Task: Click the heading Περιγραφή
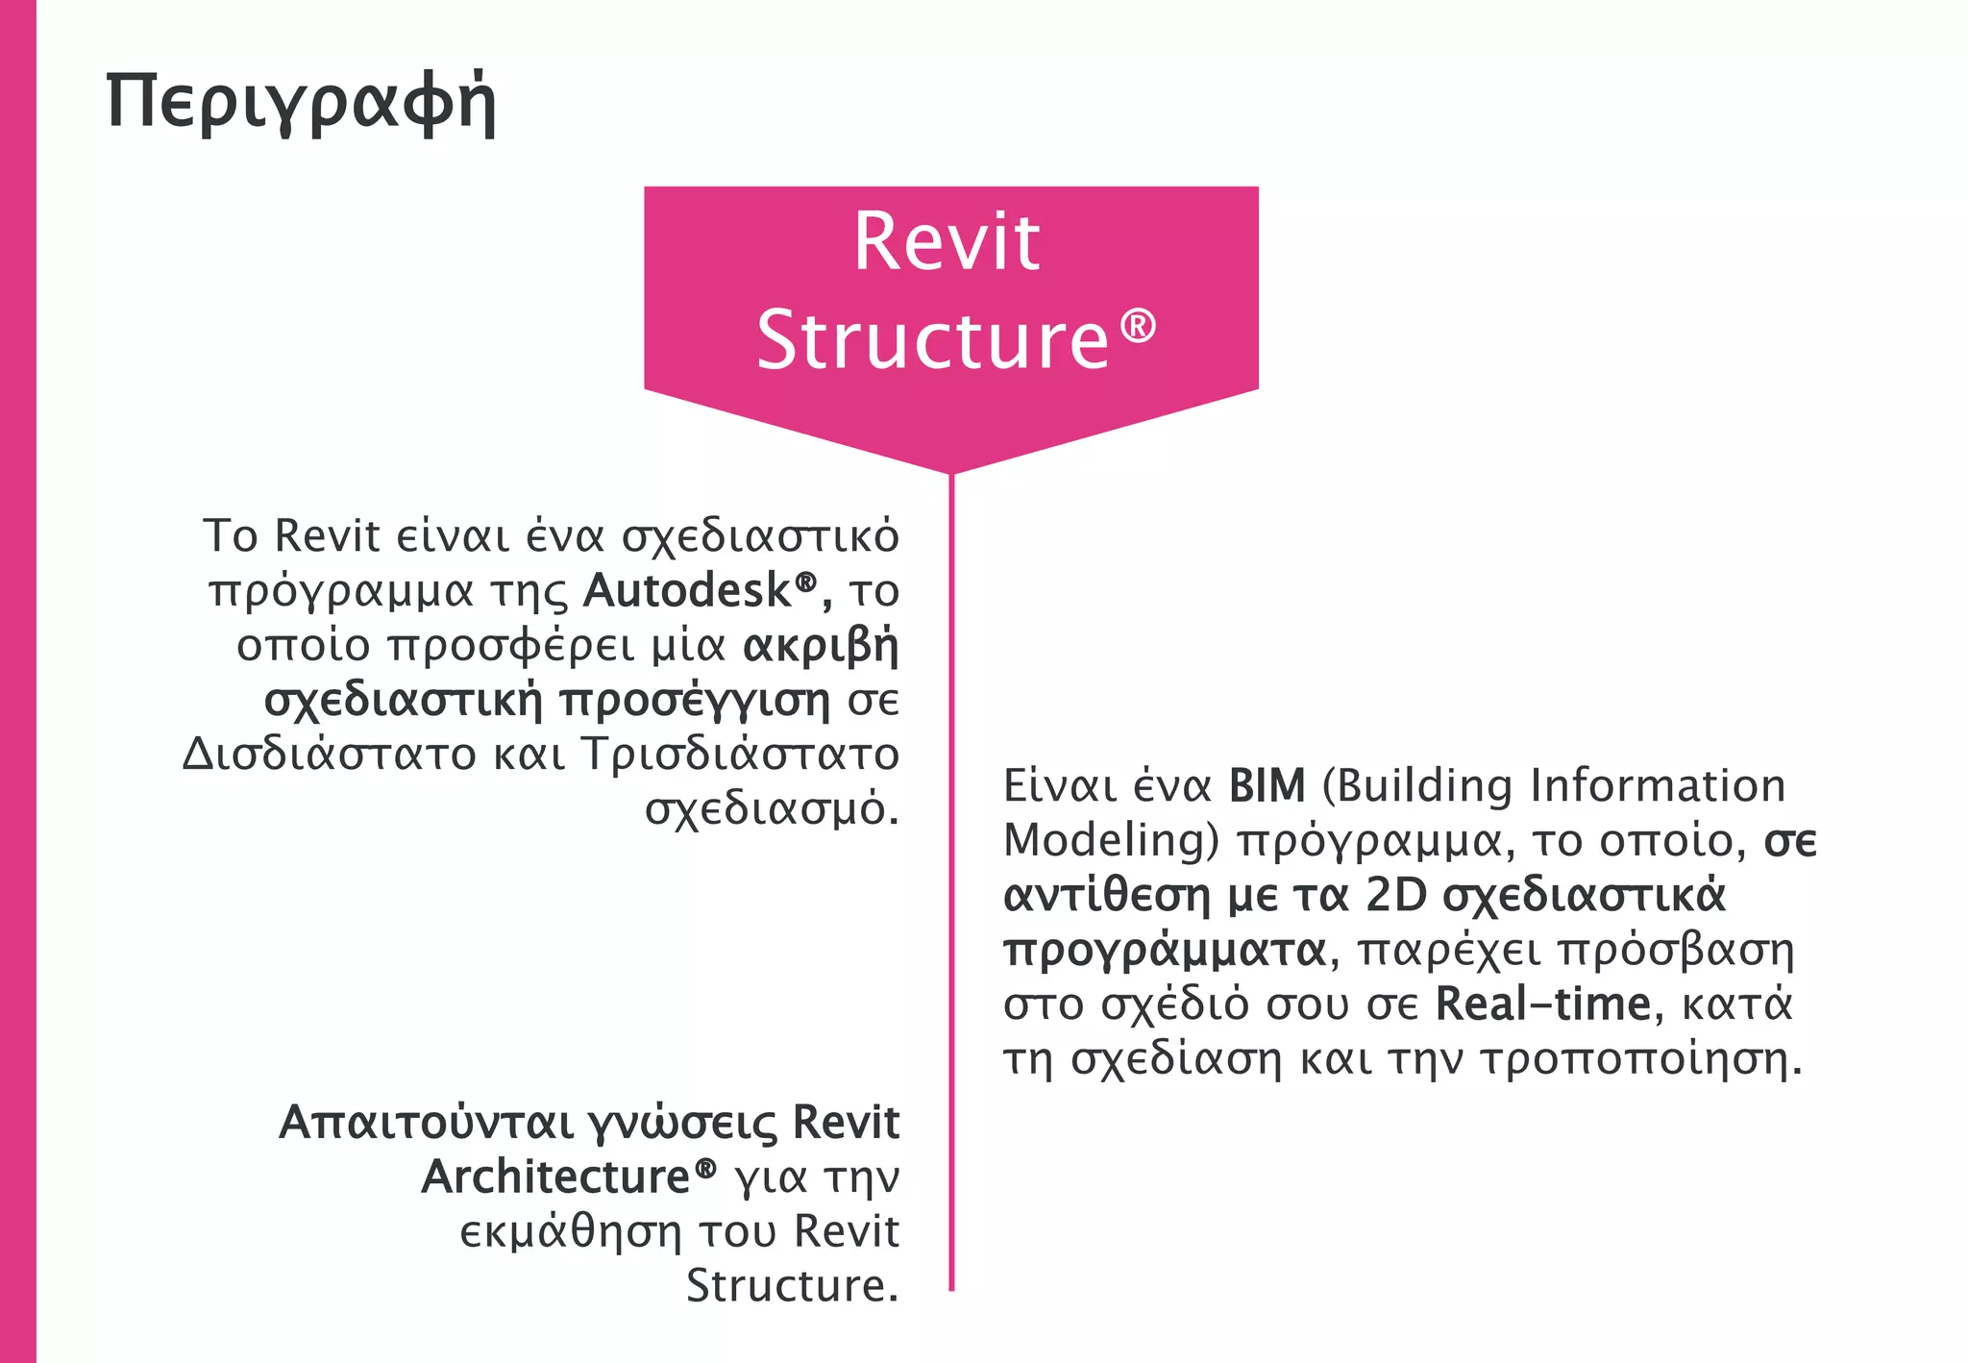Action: [301, 102]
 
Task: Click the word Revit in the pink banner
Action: [947, 241]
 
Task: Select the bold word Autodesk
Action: [687, 590]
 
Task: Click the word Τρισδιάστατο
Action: [740, 754]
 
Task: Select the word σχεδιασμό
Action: [771, 809]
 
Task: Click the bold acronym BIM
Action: [1267, 786]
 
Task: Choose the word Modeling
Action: [1103, 840]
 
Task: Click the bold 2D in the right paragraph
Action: [1396, 895]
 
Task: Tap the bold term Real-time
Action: [1542, 1004]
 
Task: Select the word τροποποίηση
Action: [1640, 1059]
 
